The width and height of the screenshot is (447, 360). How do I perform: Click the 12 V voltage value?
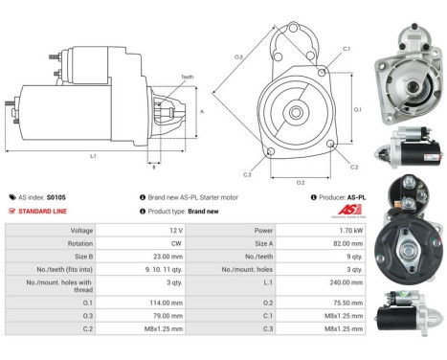[x=175, y=231]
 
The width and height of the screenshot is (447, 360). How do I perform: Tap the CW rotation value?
[x=175, y=244]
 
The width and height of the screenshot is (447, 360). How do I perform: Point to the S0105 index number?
[x=58, y=196]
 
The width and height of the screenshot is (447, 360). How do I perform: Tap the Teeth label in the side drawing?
[x=187, y=78]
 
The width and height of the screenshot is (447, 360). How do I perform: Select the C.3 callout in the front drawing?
[x=246, y=174]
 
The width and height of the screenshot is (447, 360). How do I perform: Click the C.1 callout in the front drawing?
[x=346, y=48]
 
